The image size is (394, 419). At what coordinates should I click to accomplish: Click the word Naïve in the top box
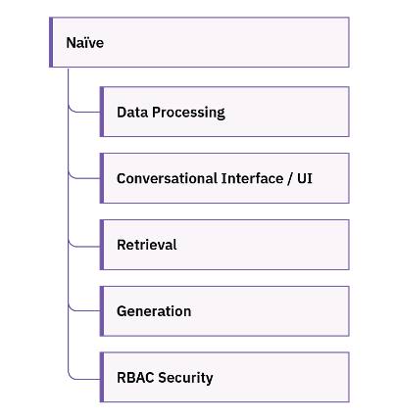coord(84,43)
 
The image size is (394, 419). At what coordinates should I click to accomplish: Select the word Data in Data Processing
coord(132,112)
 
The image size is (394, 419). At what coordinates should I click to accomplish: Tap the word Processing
coord(188,112)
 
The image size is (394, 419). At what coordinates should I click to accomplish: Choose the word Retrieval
coord(146,245)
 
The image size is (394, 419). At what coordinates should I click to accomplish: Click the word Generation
coord(154,311)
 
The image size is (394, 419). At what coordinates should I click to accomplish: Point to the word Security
coord(186,377)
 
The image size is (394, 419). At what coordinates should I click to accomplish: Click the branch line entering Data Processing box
coord(86,112)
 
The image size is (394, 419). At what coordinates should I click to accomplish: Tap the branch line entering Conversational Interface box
coord(86,178)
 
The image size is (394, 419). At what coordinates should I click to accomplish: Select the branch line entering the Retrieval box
coord(86,245)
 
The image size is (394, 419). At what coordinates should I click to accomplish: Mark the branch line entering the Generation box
coord(86,311)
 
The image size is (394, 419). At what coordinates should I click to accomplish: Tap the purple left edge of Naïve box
coord(51,43)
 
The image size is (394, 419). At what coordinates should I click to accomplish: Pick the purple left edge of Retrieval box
coord(102,245)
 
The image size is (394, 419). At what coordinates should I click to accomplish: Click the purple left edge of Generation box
coord(102,311)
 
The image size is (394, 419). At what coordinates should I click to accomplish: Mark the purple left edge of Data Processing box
coord(102,112)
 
